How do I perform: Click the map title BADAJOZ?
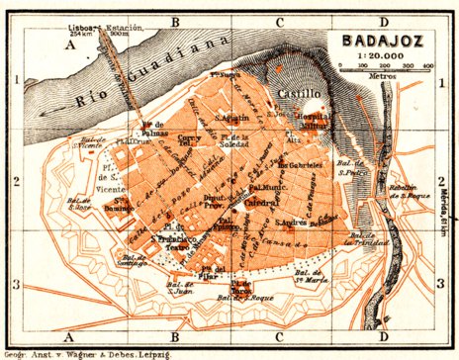(x=381, y=42)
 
